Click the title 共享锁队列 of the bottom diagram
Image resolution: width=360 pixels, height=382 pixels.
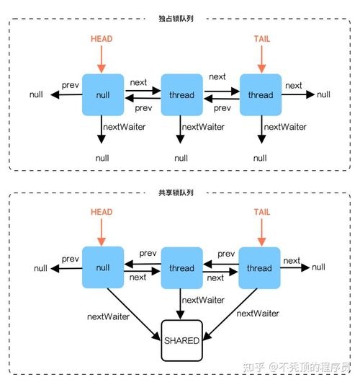point(180,193)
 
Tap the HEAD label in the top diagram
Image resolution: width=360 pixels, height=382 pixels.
point(102,37)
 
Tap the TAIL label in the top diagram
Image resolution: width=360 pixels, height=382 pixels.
point(261,37)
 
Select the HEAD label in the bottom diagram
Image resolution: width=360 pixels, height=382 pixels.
point(102,213)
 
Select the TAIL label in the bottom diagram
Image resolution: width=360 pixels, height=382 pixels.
point(261,213)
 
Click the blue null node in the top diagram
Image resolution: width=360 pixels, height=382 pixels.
point(103,94)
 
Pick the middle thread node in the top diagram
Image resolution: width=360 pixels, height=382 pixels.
point(181,94)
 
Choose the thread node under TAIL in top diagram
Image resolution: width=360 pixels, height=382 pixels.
point(260,94)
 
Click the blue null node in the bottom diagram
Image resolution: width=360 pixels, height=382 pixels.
point(103,268)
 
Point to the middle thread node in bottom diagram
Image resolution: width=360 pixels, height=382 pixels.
point(181,268)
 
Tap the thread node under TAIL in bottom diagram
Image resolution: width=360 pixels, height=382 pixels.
point(260,268)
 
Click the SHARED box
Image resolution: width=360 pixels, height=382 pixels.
point(181,340)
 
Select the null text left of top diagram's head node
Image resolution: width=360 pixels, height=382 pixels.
point(36,94)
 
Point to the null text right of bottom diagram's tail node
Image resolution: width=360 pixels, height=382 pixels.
point(318,267)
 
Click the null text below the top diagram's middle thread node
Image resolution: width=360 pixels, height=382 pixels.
point(181,157)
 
